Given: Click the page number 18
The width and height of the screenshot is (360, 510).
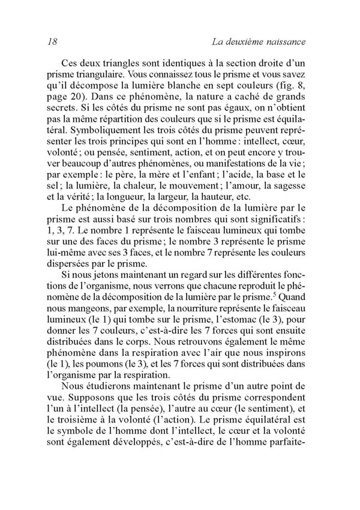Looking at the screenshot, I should point(51,43).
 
